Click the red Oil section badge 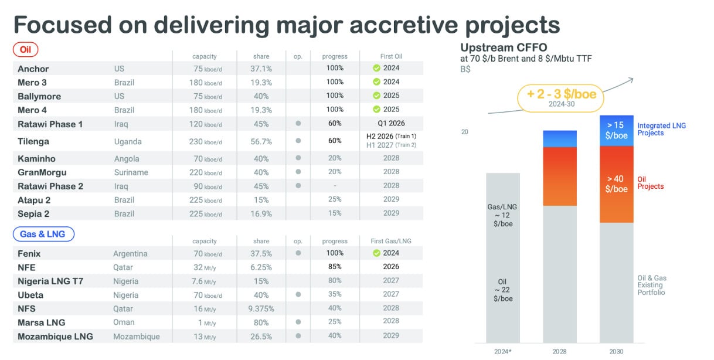26,49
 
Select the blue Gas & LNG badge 43,234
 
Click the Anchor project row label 33,69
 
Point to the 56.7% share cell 261,141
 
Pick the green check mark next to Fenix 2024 377,253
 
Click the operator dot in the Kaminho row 298,158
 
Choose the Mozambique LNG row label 55,337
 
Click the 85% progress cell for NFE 335,267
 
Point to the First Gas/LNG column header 391,242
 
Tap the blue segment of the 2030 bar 616,130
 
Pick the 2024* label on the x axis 502,351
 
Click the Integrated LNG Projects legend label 661,129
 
